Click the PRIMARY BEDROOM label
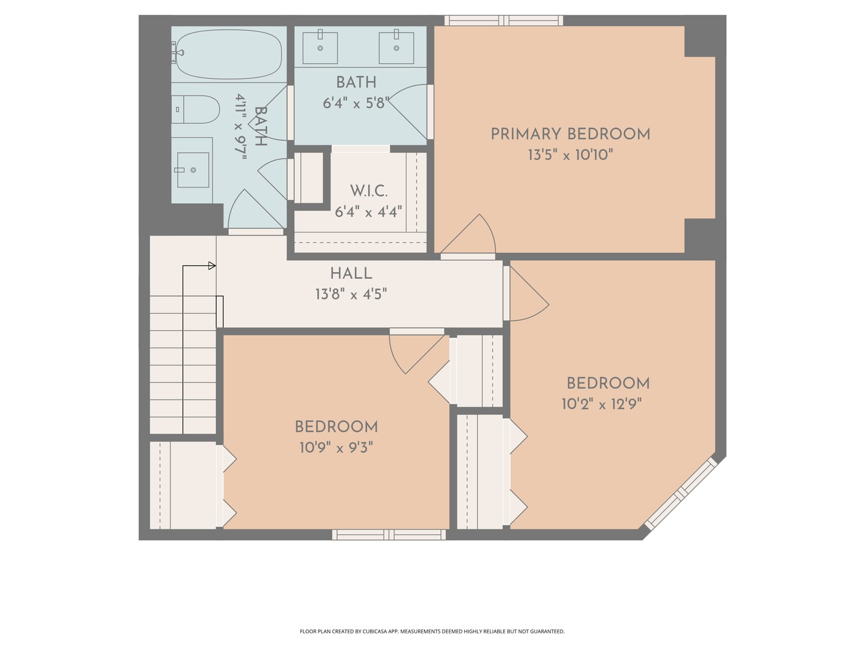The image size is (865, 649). (x=570, y=134)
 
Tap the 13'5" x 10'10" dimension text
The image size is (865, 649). (x=570, y=155)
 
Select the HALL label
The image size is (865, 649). (x=351, y=274)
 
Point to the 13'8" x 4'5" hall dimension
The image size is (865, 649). (x=351, y=294)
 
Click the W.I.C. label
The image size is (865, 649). (x=368, y=191)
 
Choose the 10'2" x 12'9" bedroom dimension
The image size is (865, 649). (x=601, y=404)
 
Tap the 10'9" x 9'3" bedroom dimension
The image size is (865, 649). (x=336, y=448)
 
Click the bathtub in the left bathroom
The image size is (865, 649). (x=229, y=54)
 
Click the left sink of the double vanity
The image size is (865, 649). (x=320, y=47)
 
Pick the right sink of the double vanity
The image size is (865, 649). (x=396, y=47)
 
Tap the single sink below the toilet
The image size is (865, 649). (x=193, y=170)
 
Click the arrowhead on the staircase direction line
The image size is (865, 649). (x=212, y=266)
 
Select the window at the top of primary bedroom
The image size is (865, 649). (x=503, y=20)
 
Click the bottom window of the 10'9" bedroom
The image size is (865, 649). (x=389, y=534)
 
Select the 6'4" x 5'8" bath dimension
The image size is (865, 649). (x=356, y=103)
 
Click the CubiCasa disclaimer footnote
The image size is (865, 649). (x=432, y=632)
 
